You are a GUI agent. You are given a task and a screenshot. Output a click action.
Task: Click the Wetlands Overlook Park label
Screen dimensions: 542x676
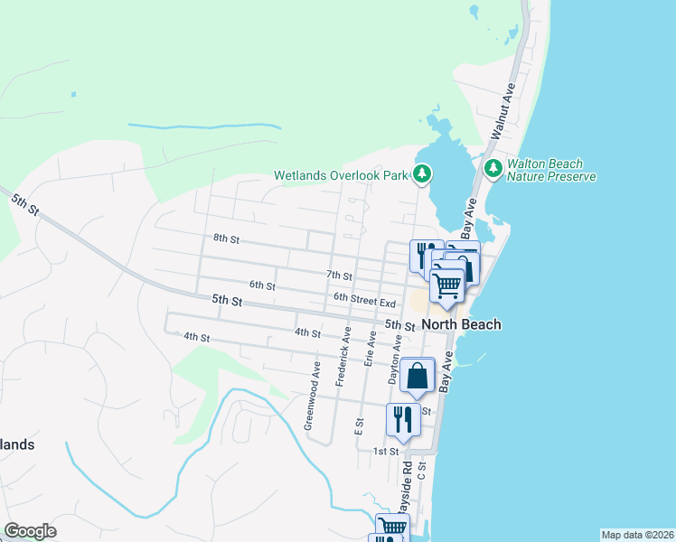[x=343, y=175]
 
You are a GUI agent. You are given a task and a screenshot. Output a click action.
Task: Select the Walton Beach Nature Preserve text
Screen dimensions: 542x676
[x=550, y=170]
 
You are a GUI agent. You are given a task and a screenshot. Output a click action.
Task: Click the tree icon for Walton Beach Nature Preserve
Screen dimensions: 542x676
[x=493, y=168]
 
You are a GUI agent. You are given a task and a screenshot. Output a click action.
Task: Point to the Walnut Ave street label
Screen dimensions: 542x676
[x=502, y=110]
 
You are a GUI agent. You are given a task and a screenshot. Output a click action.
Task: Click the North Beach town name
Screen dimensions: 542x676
[x=462, y=324]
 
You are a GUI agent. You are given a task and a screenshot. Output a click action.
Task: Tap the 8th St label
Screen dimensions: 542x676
[x=226, y=238]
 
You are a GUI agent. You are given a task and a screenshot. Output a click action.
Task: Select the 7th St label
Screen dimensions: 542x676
[x=339, y=275]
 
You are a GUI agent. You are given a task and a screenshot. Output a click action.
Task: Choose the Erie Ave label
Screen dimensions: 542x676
[x=370, y=348]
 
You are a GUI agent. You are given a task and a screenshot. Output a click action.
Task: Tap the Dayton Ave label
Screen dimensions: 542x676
[x=396, y=361]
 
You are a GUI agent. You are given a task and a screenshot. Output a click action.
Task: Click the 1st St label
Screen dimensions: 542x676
[x=386, y=451]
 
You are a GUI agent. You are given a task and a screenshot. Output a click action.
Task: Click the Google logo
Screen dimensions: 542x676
[x=30, y=531]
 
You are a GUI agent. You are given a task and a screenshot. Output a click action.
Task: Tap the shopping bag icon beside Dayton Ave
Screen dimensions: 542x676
[x=418, y=375]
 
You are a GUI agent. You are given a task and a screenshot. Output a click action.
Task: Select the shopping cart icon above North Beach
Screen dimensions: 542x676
[x=447, y=285]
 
